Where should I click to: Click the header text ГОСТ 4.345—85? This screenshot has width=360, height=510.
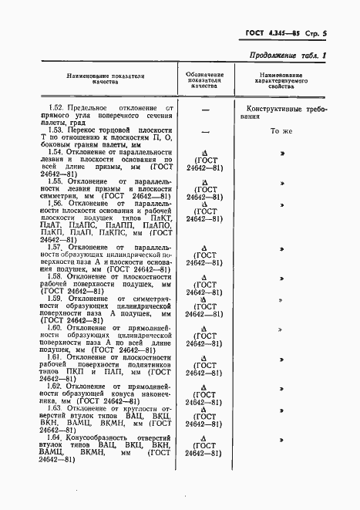pos(263,34)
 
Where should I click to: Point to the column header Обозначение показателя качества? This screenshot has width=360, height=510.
pos(205,81)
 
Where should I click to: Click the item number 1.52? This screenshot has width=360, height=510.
pos(55,105)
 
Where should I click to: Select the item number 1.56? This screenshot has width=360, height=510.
pos(55,204)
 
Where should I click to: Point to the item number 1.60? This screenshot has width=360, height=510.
pos(55,327)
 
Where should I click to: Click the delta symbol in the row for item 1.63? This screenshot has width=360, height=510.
pos(205,408)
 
